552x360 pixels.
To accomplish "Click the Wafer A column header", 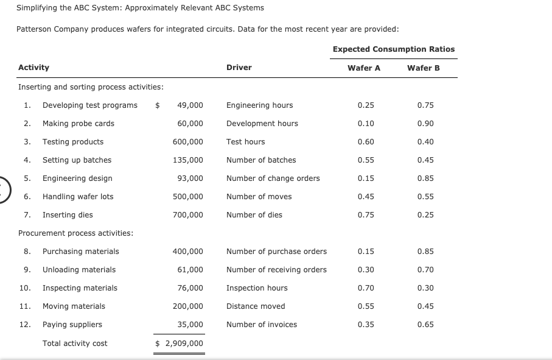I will click(x=364, y=68).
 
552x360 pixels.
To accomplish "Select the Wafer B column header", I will click(x=424, y=68).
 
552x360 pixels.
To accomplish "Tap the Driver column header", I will click(x=239, y=68).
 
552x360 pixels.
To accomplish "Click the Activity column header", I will click(x=34, y=68).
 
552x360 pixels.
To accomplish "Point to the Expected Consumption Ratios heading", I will click(x=394, y=49).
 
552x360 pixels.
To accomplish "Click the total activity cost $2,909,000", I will click(x=180, y=344).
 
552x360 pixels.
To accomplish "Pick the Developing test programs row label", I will click(x=89, y=105).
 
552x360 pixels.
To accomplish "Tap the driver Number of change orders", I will click(x=273, y=178).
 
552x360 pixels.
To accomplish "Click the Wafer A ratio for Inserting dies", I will click(x=366, y=215).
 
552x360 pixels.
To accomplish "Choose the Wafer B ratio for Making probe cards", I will click(x=425, y=124).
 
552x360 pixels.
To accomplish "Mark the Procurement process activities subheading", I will click(x=76, y=233).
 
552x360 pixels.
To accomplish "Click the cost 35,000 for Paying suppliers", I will click(x=190, y=325).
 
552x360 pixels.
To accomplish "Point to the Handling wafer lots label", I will click(x=78, y=197).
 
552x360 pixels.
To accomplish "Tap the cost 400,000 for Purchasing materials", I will click(x=187, y=252).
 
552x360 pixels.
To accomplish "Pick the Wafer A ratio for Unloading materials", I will click(x=366, y=270).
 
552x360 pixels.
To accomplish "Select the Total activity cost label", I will click(x=75, y=344).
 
